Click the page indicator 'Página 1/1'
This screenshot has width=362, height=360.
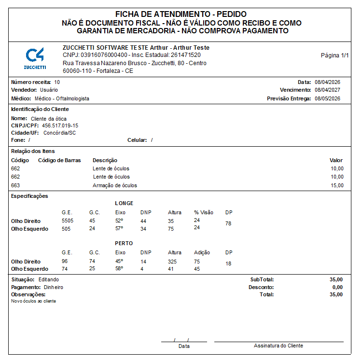(x=334, y=55)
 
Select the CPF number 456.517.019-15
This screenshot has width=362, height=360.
(x=60, y=125)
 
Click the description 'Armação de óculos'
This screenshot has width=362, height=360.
(x=115, y=185)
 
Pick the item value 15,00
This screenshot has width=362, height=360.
(x=337, y=185)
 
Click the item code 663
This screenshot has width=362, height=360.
(x=15, y=185)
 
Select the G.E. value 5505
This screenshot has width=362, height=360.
(x=68, y=221)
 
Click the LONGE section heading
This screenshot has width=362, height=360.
(x=124, y=203)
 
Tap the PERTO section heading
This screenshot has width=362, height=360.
(x=124, y=243)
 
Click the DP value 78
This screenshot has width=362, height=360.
(x=228, y=224)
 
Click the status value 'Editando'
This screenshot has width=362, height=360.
(x=49, y=279)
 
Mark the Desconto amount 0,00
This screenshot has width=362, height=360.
(x=337, y=287)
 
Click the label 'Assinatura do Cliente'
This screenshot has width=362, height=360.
(x=278, y=346)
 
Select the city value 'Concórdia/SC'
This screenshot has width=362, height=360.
(x=59, y=133)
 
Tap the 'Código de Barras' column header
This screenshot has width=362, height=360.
(x=59, y=160)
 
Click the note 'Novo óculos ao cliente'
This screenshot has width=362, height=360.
(x=33, y=301)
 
